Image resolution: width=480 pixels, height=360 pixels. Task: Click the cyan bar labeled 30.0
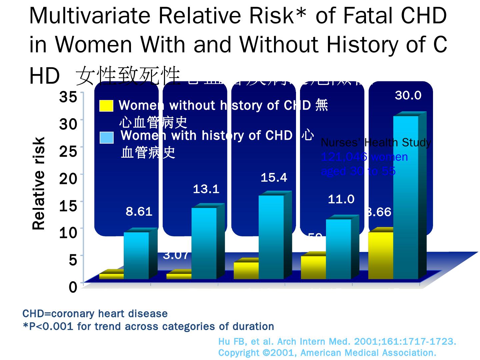(x=406, y=197)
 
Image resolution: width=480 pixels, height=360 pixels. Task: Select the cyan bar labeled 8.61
(x=136, y=255)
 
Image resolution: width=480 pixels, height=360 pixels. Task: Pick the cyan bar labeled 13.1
(x=204, y=243)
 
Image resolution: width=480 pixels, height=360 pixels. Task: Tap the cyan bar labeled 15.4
(x=271, y=237)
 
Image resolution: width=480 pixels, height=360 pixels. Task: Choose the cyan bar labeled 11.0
(x=338, y=249)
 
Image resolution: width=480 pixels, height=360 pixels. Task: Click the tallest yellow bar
(x=380, y=255)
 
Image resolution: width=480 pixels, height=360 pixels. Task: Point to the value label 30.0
(x=408, y=96)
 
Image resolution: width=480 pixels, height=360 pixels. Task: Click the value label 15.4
(x=274, y=178)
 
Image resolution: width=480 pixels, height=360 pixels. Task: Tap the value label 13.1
(x=206, y=189)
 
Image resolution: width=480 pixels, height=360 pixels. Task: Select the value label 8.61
(x=139, y=211)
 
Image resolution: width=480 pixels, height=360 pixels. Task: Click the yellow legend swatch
(x=106, y=106)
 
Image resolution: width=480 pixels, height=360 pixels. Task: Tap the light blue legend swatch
(x=107, y=137)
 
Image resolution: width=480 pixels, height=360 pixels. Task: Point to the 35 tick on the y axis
(x=68, y=97)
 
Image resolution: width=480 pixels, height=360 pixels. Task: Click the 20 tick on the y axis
(x=68, y=179)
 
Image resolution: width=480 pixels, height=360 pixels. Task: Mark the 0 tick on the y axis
(x=73, y=287)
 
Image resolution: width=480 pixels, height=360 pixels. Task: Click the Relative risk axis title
(x=39, y=183)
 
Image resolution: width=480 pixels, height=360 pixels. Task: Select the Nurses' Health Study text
(x=376, y=143)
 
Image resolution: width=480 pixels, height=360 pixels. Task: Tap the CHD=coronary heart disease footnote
(x=95, y=314)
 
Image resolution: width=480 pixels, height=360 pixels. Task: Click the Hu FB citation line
(x=337, y=342)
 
